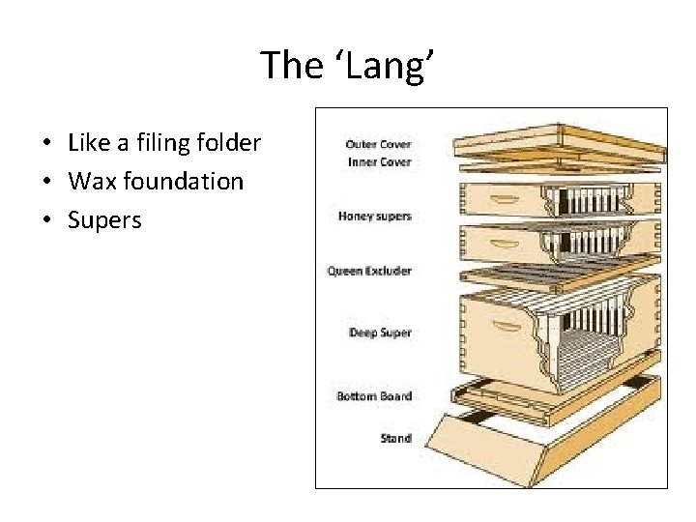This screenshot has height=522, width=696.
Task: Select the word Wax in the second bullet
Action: [x=89, y=182]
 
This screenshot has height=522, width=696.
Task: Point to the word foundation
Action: [x=181, y=182]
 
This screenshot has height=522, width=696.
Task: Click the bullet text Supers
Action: [x=104, y=219]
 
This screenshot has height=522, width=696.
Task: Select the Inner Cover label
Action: [x=378, y=161]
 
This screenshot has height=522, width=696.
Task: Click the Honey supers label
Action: [x=375, y=216]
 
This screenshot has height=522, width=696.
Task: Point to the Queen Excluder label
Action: [x=369, y=271]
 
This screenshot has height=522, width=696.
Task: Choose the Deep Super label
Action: [x=380, y=333]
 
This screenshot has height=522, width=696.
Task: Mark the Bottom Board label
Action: [x=374, y=395]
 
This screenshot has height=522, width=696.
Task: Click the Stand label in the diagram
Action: [x=394, y=438]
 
